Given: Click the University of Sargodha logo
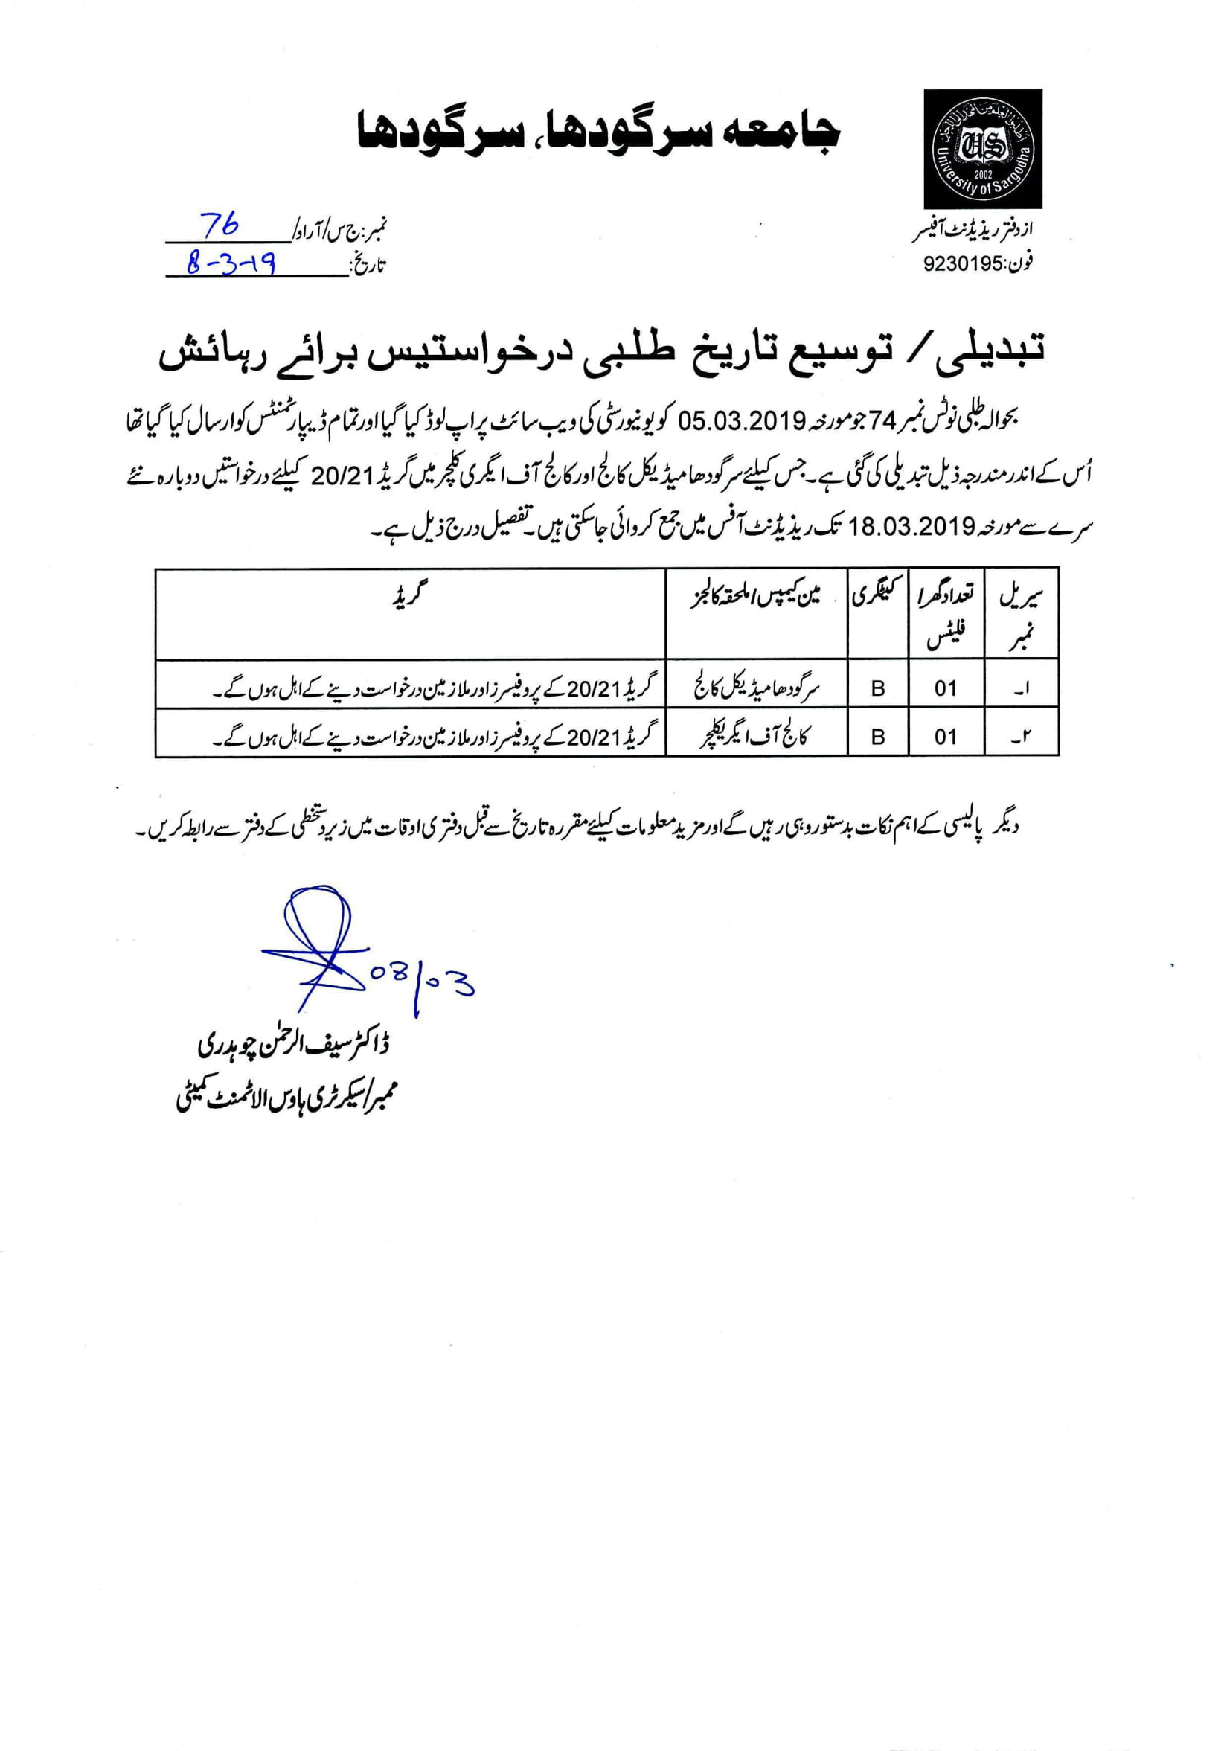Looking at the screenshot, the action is point(982,149).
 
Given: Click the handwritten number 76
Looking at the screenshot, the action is point(220,224).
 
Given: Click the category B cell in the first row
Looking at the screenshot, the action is point(878,688).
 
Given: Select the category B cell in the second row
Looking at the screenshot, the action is point(878,737).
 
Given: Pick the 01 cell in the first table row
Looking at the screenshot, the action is point(946,688).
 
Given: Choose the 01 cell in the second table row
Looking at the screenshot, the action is point(946,737).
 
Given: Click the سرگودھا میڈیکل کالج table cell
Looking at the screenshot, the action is point(757,688).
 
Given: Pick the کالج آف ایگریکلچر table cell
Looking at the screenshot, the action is point(757,737).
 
